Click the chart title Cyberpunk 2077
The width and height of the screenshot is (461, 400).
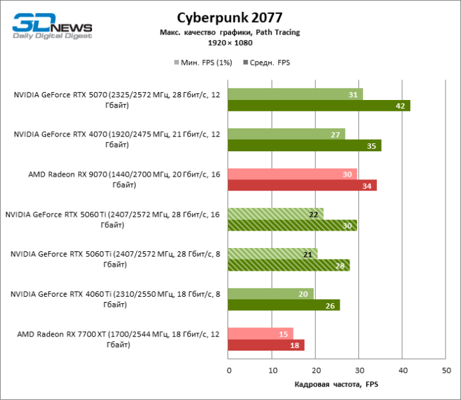(229, 17)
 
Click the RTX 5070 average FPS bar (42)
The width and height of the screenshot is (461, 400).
(319, 105)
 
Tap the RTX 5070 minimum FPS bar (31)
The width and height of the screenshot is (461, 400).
(295, 94)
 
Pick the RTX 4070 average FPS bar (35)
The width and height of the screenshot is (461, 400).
(304, 145)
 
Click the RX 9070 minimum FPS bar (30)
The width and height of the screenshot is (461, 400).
(292, 174)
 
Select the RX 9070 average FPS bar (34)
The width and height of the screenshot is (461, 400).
(302, 185)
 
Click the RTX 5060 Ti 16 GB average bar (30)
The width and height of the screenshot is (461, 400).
(292, 225)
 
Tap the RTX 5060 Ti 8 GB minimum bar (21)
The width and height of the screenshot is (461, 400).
(272, 254)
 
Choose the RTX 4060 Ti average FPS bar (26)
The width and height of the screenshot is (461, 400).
(284, 305)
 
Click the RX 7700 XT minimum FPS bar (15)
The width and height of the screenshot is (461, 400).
(260, 334)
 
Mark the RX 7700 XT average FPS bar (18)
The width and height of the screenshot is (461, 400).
(266, 345)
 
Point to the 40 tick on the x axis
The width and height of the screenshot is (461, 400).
(402, 370)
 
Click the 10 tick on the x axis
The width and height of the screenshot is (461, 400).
(272, 370)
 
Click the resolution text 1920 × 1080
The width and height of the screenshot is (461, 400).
(229, 43)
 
